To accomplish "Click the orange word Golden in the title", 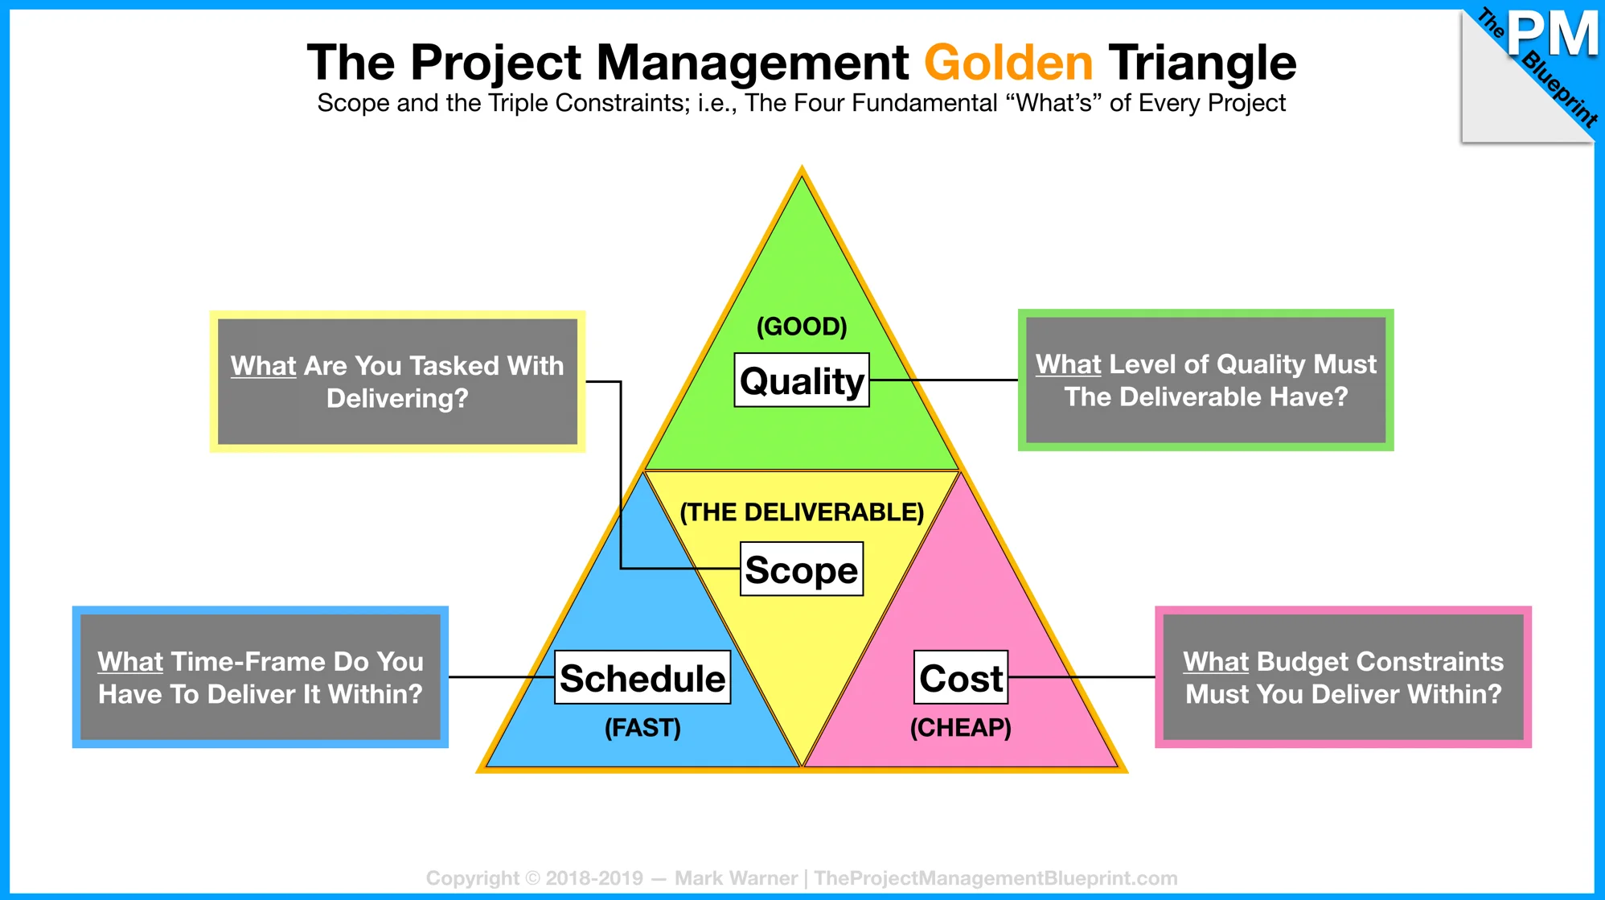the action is tap(1008, 63).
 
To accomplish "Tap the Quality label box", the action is tap(802, 380).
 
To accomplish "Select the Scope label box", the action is tap(802, 569).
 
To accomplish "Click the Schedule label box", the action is tap(642, 677).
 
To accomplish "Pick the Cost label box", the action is tap(961, 677).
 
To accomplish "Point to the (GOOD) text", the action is tap(802, 327).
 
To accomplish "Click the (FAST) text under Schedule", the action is tap(642, 728).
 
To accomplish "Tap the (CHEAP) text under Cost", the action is tap(961, 728).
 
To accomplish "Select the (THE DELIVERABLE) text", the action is tap(802, 512).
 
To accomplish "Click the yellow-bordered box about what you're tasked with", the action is tap(397, 381).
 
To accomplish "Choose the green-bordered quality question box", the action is tap(1205, 380).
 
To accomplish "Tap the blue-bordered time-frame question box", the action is tap(261, 677).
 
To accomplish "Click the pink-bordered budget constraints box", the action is tap(1343, 677).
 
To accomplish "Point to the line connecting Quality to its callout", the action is tap(944, 380).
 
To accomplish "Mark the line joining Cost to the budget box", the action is tap(1082, 677).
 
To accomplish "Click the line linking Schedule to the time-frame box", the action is tap(502, 677).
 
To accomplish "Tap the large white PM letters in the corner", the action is tap(1553, 34).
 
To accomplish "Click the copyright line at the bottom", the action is tap(802, 877).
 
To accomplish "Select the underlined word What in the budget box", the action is tap(1215, 661).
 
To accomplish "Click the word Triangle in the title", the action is tap(1202, 63).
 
